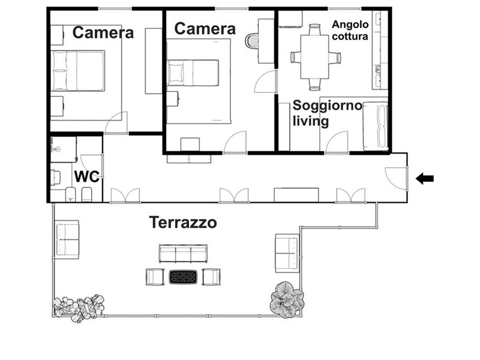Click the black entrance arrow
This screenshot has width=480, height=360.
[425, 178]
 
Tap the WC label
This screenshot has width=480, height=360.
[87, 176]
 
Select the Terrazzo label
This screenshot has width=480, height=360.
[183, 222]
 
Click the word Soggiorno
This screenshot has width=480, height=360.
[328, 106]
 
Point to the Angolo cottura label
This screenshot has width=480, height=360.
[350, 31]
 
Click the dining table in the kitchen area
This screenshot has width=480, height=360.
[314, 57]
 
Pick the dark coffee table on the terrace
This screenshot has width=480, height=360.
[183, 277]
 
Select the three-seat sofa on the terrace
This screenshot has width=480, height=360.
[183, 253]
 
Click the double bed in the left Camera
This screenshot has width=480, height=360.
[78, 71]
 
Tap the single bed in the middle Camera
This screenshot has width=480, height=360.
[193, 73]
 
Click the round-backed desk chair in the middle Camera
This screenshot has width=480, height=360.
[252, 40]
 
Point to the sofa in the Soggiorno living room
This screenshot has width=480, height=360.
[376, 127]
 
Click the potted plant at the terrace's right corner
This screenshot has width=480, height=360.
[287, 299]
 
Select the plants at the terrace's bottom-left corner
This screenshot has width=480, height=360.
[79, 307]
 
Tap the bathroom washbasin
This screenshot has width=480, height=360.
[56, 149]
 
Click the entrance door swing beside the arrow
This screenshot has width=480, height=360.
[397, 178]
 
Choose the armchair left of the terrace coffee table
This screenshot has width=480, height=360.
[155, 277]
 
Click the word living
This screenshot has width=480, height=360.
[311, 121]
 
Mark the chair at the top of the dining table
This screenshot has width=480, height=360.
[314, 30]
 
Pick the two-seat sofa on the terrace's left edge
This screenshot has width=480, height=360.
[67, 239]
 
